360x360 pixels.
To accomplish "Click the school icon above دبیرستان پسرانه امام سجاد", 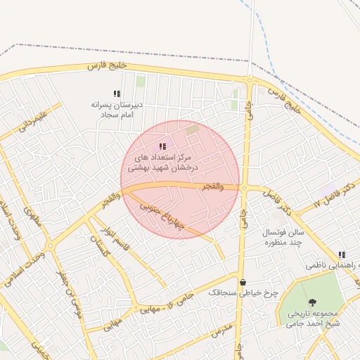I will (x=117, y=94).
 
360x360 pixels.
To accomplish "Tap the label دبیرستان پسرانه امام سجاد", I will (x=117, y=109).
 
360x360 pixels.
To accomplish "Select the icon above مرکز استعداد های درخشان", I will (x=162, y=146).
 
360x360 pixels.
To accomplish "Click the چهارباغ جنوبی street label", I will (x=162, y=217).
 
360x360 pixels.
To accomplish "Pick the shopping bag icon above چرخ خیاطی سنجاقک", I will (x=243, y=282).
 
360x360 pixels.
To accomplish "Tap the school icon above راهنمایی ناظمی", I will (x=342, y=255).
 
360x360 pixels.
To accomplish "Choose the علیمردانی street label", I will (x=33, y=122).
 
